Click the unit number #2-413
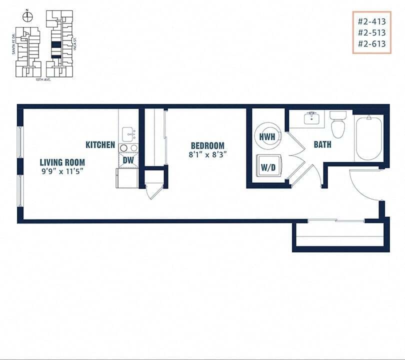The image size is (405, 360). point(372,21)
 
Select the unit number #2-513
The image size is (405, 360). point(372,32)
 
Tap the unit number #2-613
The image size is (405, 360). point(372,43)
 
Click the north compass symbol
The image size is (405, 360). point(28,16)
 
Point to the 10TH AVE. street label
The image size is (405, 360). point(43,79)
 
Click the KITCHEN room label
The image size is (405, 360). point(100,145)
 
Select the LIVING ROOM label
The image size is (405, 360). point(62,162)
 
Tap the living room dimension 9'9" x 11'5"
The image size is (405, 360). point(62,171)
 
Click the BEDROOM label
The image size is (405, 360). point(207,145)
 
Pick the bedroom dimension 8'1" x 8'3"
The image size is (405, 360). point(207,155)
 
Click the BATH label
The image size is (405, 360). point(322,145)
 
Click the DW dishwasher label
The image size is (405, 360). point(128,160)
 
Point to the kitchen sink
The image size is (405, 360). point(129,133)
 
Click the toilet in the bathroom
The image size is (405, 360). point(338,124)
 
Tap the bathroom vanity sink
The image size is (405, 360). point(312,118)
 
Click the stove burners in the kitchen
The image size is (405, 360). point(128,148)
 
